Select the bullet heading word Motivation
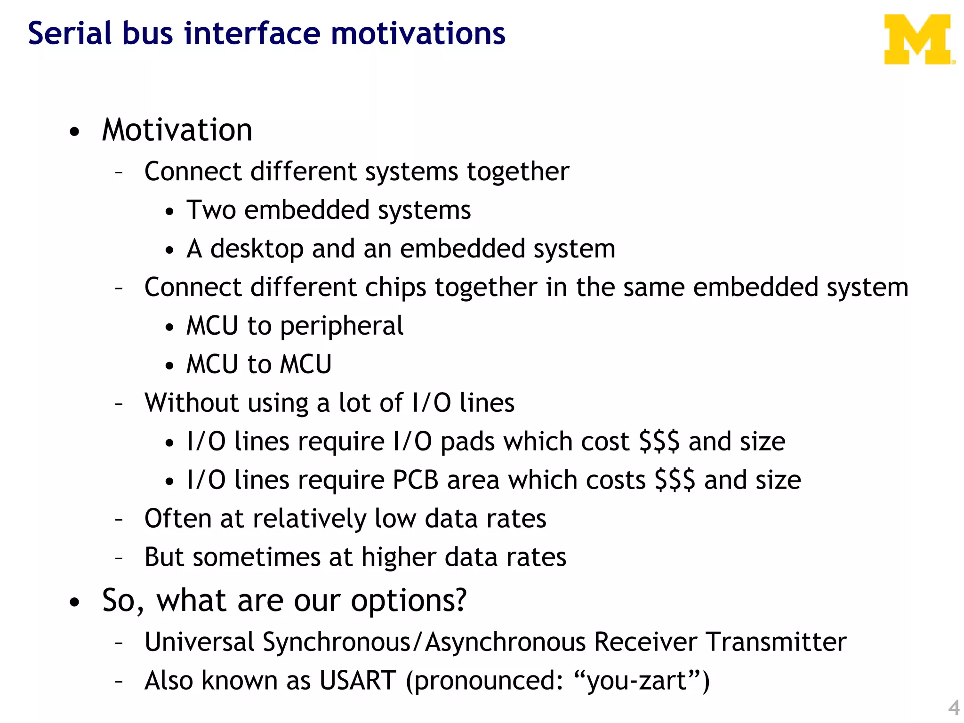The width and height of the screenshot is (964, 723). coord(177,130)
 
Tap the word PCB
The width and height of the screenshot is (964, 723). coord(416,481)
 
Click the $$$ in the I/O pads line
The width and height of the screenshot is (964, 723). coord(659,442)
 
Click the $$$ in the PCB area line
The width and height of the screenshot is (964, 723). coord(675,481)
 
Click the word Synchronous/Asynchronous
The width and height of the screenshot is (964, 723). coord(424,643)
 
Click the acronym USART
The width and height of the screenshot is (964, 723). coord(357,681)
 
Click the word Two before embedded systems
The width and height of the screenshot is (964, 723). coord(211,210)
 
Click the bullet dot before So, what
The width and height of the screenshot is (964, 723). coord(74,602)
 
